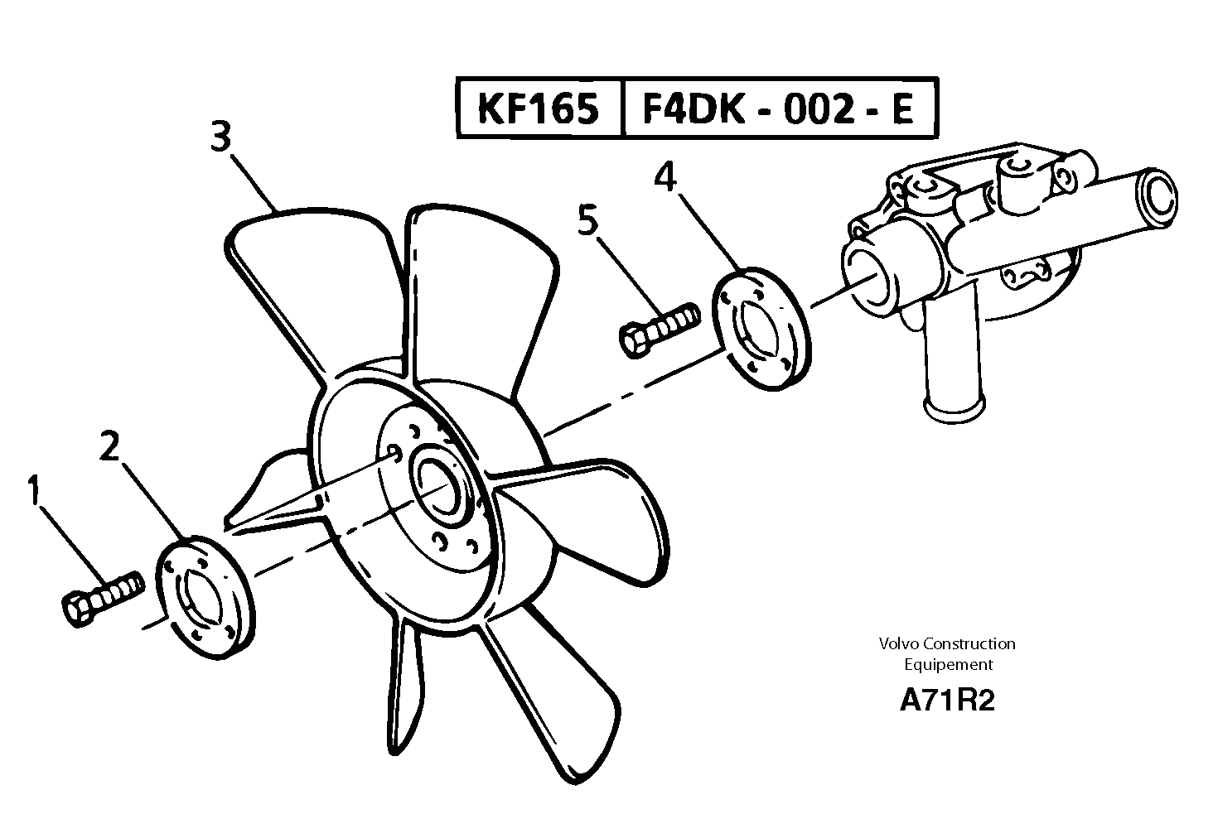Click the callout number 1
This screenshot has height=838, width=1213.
33,490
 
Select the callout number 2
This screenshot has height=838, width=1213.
109,447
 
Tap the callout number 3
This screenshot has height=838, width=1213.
220,137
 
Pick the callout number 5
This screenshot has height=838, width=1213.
587,222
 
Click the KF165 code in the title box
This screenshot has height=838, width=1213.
539,108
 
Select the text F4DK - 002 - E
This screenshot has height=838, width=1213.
778,108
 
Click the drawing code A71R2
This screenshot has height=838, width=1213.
947,701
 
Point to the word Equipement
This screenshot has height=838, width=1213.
948,664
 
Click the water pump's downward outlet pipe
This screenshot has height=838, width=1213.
951,356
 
